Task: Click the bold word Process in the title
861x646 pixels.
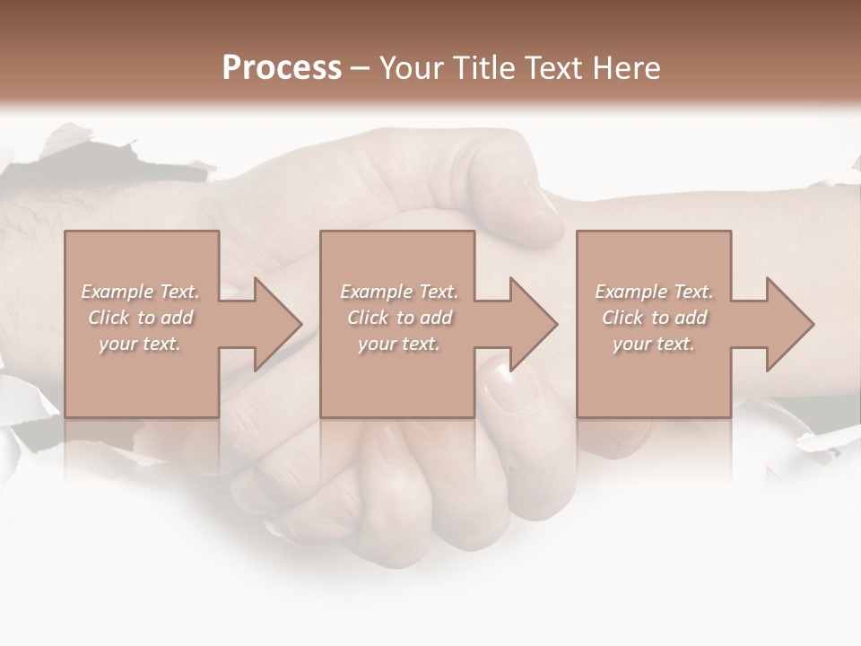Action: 282,68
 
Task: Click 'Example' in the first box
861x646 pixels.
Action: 117,292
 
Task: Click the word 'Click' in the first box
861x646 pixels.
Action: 109,318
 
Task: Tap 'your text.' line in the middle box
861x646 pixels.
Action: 399,344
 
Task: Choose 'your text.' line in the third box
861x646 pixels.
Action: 654,344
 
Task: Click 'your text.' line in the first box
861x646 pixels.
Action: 140,344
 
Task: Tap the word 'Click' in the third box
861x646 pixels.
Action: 622,318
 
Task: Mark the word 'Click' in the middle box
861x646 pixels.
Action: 368,318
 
